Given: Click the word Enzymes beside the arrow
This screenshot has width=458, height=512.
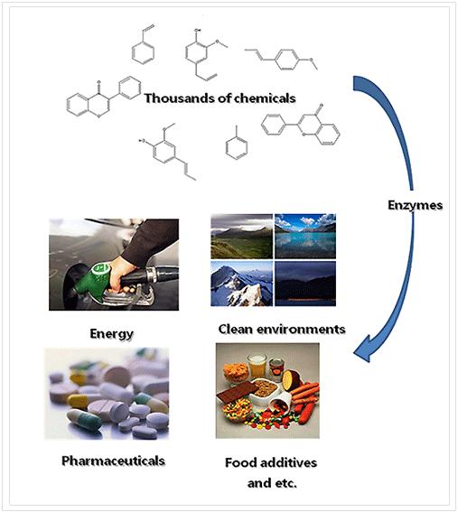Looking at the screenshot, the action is pyautogui.click(x=415, y=205).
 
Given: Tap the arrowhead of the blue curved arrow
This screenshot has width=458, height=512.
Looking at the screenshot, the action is pyautogui.click(x=365, y=349).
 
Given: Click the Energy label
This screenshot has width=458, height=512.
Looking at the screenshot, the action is pyautogui.click(x=111, y=334).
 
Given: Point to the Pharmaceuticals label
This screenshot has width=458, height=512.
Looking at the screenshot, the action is pyautogui.click(x=113, y=461).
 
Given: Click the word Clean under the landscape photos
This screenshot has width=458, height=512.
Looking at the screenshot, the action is pyautogui.click(x=235, y=329).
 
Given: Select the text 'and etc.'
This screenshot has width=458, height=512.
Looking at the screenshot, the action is pyautogui.click(x=272, y=483).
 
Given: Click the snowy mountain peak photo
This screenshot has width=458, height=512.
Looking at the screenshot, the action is pyautogui.click(x=241, y=284).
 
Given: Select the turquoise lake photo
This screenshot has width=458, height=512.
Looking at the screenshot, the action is pyautogui.click(x=305, y=236).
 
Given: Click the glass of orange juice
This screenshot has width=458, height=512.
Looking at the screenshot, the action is pyautogui.click(x=257, y=366).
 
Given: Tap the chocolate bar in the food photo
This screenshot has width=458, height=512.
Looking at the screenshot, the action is pyautogui.click(x=238, y=391).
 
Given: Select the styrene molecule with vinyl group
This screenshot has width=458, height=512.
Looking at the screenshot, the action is pyautogui.click(x=144, y=45).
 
